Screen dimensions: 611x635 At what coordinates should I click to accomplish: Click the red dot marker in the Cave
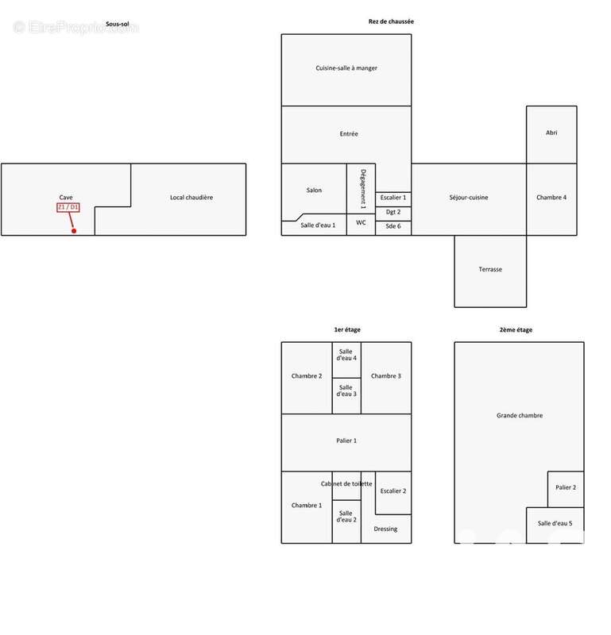click(x=74, y=231)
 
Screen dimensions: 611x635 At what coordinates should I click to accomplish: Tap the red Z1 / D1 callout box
click(x=68, y=207)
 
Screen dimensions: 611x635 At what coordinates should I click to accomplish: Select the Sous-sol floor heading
click(x=117, y=24)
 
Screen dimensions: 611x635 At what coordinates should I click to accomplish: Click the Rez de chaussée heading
click(x=391, y=21)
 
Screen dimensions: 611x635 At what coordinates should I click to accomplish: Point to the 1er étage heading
click(x=347, y=329)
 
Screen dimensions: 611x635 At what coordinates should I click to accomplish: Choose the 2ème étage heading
click(x=516, y=329)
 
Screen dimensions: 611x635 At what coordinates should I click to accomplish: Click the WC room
click(x=361, y=225)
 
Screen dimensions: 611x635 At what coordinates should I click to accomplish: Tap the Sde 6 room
click(x=393, y=228)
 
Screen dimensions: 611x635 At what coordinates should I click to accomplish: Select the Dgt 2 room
click(x=393, y=214)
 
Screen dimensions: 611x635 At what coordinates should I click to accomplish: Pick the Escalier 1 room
click(x=393, y=199)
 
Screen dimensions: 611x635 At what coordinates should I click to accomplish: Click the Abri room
click(x=551, y=135)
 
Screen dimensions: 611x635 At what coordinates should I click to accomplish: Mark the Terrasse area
click(x=490, y=271)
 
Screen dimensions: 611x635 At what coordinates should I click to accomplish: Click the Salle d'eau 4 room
click(x=346, y=360)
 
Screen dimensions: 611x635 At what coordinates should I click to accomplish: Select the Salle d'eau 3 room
click(x=346, y=395)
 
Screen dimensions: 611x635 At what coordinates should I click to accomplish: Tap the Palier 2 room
click(x=566, y=489)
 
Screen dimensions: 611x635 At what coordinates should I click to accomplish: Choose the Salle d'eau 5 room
click(x=555, y=525)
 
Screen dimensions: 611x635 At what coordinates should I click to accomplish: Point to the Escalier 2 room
click(x=393, y=493)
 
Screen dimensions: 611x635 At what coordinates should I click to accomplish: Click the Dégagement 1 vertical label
click(x=363, y=189)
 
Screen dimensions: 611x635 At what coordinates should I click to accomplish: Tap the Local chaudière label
click(x=191, y=197)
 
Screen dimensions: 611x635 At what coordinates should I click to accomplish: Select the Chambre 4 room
click(x=551, y=199)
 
